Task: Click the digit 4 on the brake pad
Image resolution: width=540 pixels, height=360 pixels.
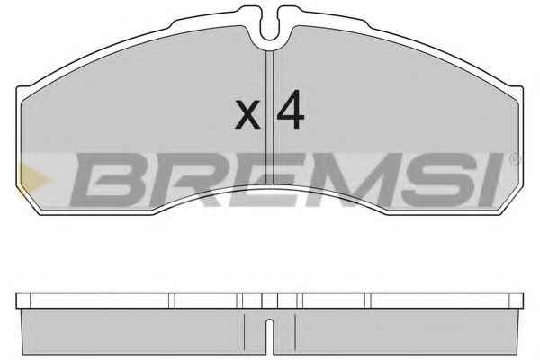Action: [291, 110]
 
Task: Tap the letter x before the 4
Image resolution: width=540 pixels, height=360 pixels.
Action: [247, 114]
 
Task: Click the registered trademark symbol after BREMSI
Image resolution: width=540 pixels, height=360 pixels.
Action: [515, 158]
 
